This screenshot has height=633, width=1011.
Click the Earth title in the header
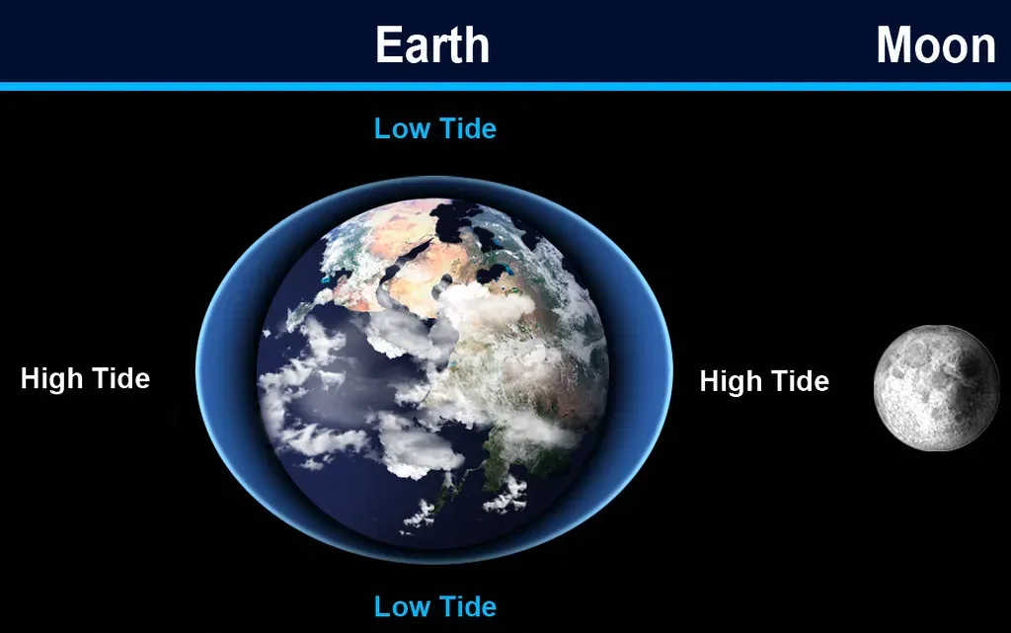[431, 45]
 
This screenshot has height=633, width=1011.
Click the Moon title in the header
[936, 45]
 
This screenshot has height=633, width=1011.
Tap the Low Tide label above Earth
[434, 128]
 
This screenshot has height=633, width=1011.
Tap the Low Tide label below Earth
[434, 605]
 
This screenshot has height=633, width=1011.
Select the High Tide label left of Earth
[85, 378]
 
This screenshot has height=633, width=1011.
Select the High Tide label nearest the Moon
[764, 381]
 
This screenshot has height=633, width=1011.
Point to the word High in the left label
[51, 378]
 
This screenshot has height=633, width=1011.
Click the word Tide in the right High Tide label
[799, 381]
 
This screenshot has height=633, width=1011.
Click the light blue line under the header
[505, 87]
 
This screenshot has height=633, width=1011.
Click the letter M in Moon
[893, 45]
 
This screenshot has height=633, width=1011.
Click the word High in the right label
[731, 381]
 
